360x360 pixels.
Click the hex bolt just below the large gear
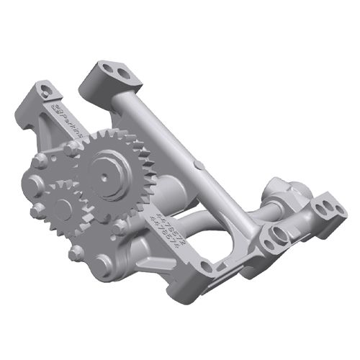pos(117,228)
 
